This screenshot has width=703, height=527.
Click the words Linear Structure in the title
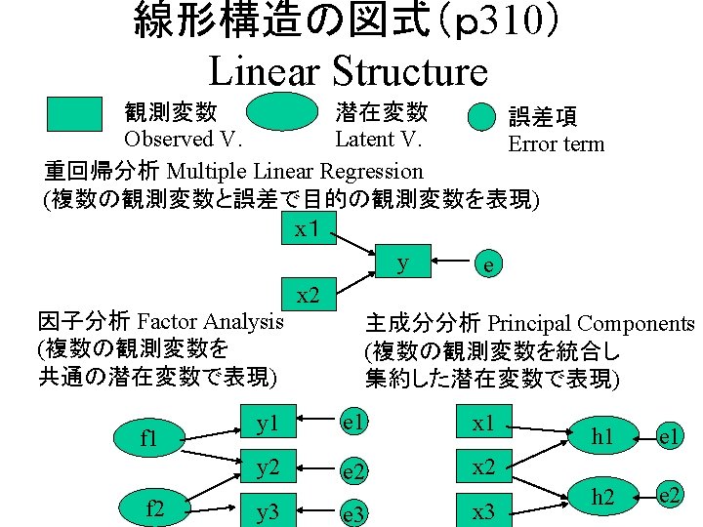[348, 71]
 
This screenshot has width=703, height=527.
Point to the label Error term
[556, 144]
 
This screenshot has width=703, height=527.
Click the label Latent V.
[378, 140]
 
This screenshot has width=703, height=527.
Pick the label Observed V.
[183, 140]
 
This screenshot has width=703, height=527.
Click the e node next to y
[487, 263]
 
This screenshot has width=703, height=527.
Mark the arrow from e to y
[448, 262]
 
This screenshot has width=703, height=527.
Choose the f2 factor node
[154, 507]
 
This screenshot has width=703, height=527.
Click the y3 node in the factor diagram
[267, 510]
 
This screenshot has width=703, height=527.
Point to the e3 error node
[353, 512]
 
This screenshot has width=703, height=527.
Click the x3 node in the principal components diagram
[483, 510]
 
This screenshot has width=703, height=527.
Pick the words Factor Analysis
[211, 321]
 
